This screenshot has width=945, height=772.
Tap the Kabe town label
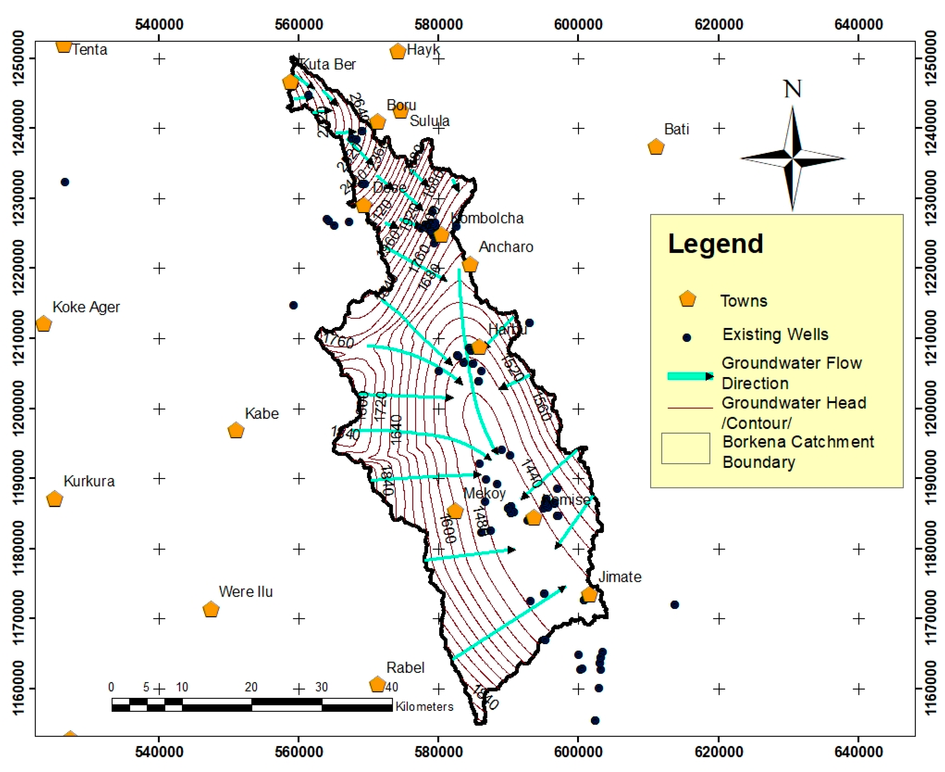pyautogui.click(x=262, y=413)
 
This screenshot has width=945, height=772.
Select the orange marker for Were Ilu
pyautogui.click(x=211, y=609)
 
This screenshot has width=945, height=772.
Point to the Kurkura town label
pyautogui.click(x=89, y=481)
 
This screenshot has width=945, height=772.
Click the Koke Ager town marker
pyautogui.click(x=43, y=324)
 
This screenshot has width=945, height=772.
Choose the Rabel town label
pyautogui.click(x=405, y=668)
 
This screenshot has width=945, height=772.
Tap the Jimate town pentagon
pyautogui.click(x=589, y=595)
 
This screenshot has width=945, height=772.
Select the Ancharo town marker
pyautogui.click(x=470, y=265)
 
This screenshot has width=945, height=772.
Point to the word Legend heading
pyautogui.click(x=715, y=244)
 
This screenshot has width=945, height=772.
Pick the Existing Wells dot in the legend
pyautogui.click(x=687, y=337)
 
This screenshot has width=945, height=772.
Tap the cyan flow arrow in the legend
pyautogui.click(x=690, y=376)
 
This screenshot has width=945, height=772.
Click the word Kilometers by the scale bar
pyautogui.click(x=424, y=707)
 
